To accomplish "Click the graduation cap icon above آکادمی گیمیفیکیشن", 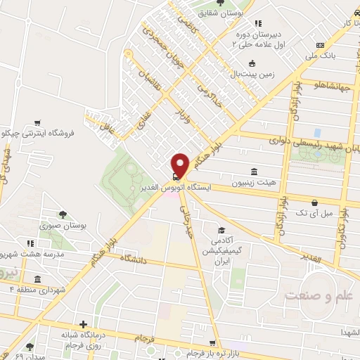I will coord(221,230).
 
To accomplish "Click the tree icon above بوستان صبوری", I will coord(63,214).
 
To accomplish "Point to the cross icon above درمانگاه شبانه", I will coord(84,325).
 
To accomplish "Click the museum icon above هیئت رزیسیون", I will coord(253,172).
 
